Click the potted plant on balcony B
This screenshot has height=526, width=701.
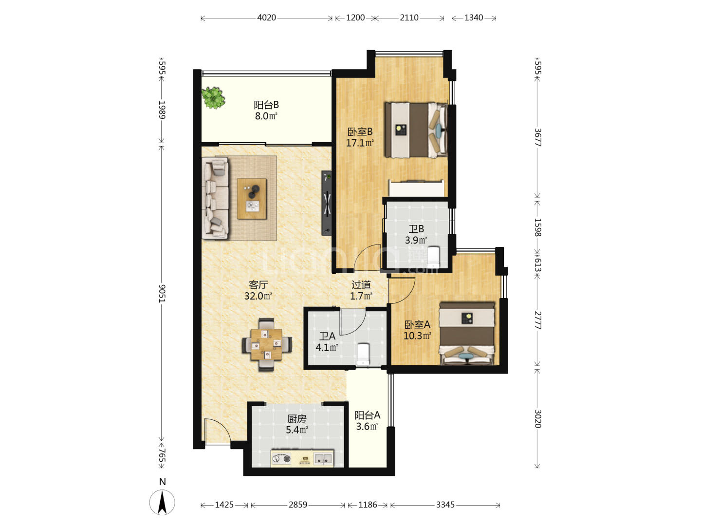213,98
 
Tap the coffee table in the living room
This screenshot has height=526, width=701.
251,199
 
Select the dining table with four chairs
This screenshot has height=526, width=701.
266,344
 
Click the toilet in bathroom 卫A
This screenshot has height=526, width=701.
363,354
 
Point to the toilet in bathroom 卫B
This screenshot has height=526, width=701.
434,257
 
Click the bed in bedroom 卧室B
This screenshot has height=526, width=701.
416,130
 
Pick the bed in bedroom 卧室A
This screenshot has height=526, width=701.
466,333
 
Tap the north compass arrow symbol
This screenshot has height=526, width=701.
162,502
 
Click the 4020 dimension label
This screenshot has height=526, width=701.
266,18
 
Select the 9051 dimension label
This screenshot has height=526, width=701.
162,293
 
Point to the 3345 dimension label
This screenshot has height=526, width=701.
445,505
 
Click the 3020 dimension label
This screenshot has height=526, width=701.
538,419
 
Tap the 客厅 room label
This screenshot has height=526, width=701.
258,284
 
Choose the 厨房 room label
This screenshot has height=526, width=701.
296,418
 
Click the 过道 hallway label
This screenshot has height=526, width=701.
361,284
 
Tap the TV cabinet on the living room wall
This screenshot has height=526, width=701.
326,204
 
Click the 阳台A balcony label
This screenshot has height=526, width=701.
367,415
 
